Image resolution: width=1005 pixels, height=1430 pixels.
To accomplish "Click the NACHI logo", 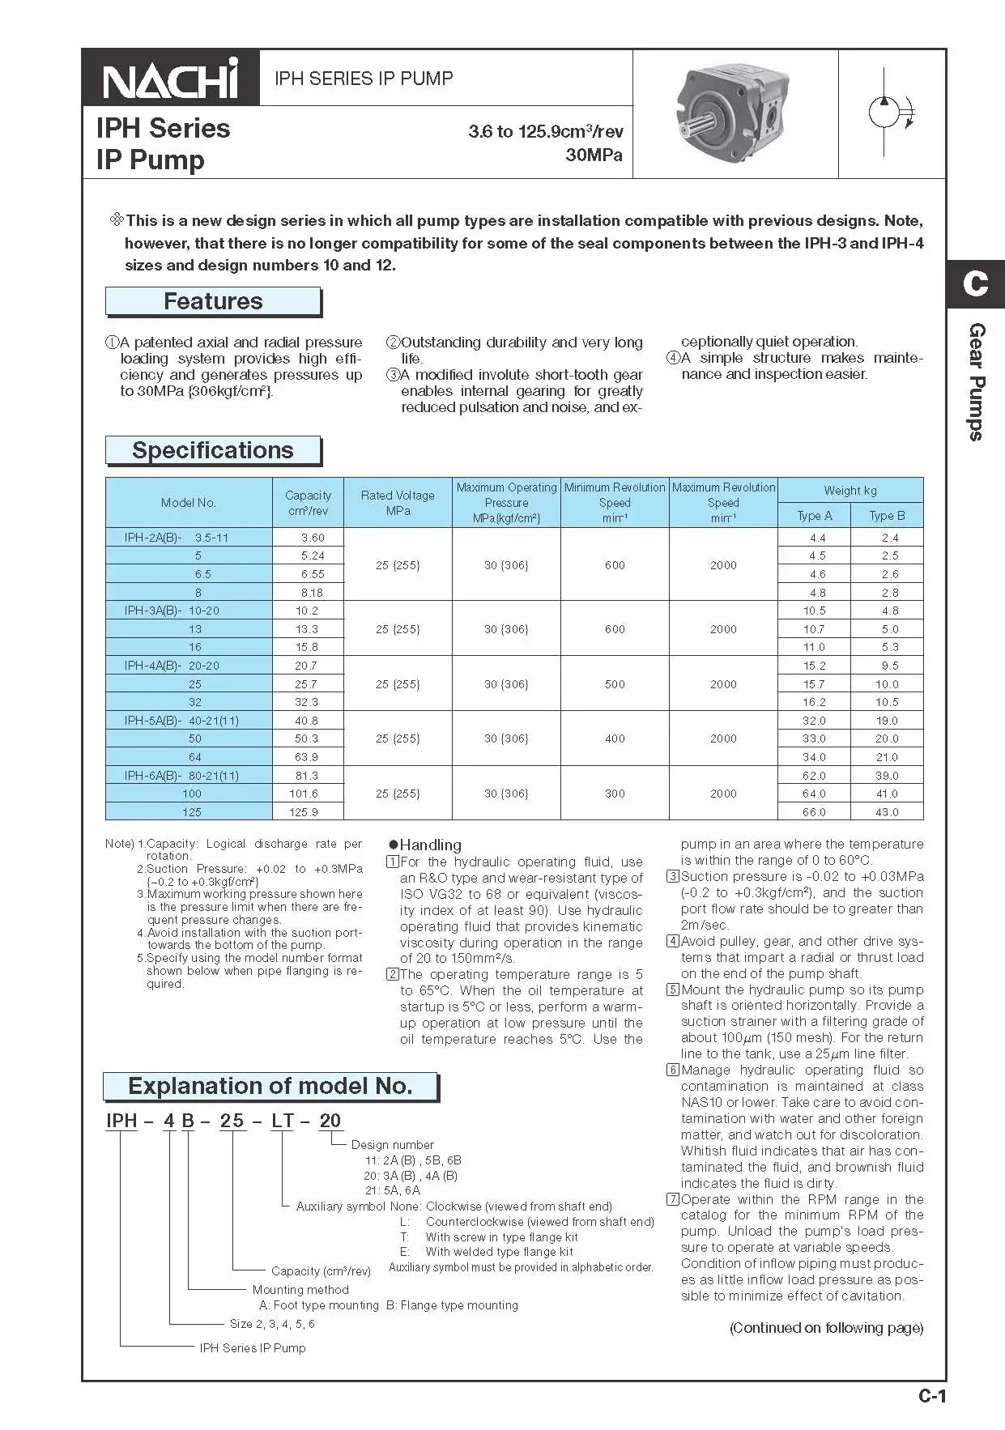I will pos(171,79).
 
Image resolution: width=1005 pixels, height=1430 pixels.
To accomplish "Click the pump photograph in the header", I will pos(735,113).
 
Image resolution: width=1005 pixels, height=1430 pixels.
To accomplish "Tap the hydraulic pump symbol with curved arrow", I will pos(891,113).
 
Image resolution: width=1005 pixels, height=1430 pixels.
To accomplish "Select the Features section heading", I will pos(213,301).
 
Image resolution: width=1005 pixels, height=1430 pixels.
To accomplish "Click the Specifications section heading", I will pos(213,450).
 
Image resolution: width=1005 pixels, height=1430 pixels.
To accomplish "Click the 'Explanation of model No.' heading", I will pos(270,1086).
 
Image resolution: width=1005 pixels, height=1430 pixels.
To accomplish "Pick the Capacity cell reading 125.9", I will pos(308,811).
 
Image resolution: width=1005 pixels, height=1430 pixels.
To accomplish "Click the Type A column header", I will pos(814,516).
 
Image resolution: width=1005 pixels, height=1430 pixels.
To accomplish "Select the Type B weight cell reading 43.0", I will pos(887,811).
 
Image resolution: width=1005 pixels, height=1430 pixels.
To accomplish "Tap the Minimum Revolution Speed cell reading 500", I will pos(615,684).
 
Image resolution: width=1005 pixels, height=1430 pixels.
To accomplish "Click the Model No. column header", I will pos(189,502).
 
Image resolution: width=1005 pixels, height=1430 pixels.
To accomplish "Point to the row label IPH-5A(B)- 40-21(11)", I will pos(181,721).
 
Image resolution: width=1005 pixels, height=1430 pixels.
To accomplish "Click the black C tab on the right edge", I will pos(975,283).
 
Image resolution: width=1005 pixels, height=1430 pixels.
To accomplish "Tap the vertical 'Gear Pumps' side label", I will pos(977,381).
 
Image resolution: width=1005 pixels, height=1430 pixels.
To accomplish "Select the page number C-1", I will pos(931,1396).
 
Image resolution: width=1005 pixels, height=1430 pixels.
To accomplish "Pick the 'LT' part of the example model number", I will pos(283,1121).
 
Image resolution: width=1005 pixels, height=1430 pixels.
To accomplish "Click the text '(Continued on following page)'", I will pos(826,1328).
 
